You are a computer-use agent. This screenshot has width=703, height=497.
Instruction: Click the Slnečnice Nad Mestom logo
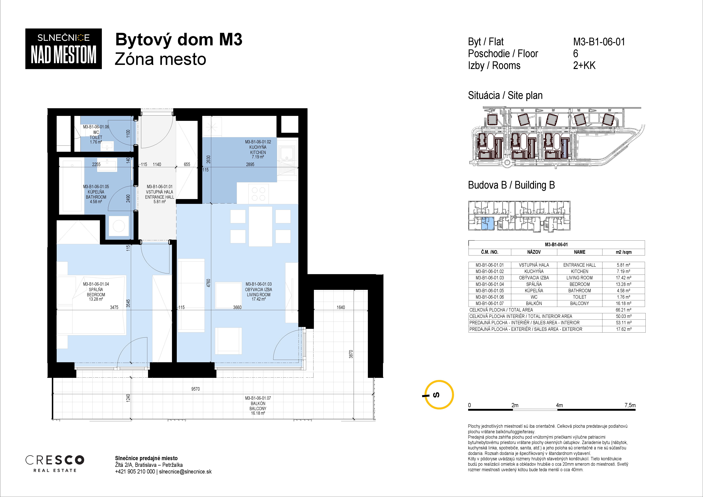pos(63,49)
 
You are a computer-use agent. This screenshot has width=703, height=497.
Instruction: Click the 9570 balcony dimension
pos(195,389)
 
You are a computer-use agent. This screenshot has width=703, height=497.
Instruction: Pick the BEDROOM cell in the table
pos(579,284)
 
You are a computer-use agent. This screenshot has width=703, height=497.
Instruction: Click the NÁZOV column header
pos(534,252)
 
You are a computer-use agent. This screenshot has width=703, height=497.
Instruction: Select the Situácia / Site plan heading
pos(505,95)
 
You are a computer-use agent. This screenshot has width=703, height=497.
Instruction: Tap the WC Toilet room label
pos(96,135)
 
